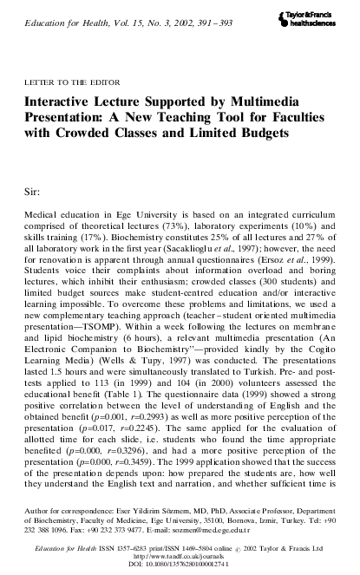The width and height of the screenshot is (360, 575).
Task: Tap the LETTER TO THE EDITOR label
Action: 67,84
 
